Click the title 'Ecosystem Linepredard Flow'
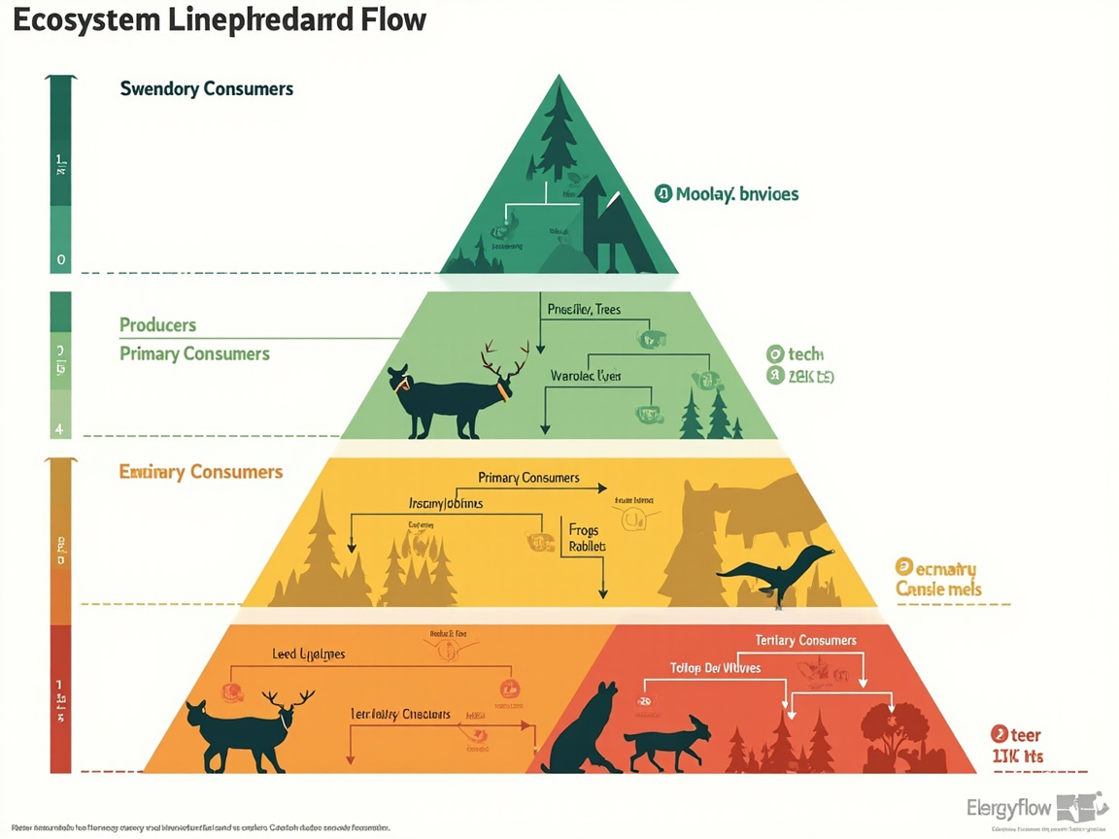220,19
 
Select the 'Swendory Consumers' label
206,88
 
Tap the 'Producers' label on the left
157,324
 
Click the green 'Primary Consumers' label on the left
194,353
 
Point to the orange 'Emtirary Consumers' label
201,472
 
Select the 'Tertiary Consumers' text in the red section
805,640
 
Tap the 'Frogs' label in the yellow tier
584,530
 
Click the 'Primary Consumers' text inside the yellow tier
528,477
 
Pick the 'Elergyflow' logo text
1009,808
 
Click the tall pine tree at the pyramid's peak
559,131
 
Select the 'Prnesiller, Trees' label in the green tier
584,310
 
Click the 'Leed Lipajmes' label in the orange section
308,654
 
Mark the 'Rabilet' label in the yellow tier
587,547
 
